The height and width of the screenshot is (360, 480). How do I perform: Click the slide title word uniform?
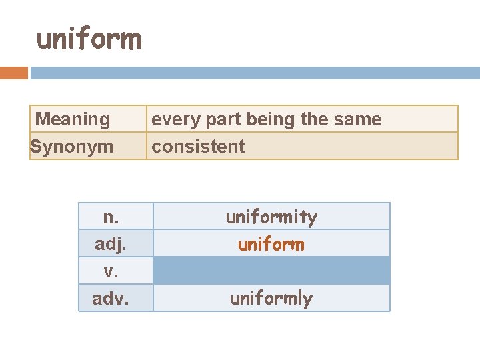89,39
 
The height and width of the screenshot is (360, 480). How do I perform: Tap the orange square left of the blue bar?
14,73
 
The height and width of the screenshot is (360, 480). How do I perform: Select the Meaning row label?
73,119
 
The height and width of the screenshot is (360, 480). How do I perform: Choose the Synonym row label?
72,146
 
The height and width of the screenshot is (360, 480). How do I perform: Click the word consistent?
198,146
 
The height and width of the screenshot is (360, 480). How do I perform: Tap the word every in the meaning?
170,119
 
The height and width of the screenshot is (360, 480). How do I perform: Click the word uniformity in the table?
271,217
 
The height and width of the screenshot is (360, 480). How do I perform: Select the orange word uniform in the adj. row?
271,244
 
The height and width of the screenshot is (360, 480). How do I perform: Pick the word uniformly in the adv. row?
271,298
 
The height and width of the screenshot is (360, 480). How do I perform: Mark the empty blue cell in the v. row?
271,271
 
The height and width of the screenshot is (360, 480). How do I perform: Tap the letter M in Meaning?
43,119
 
